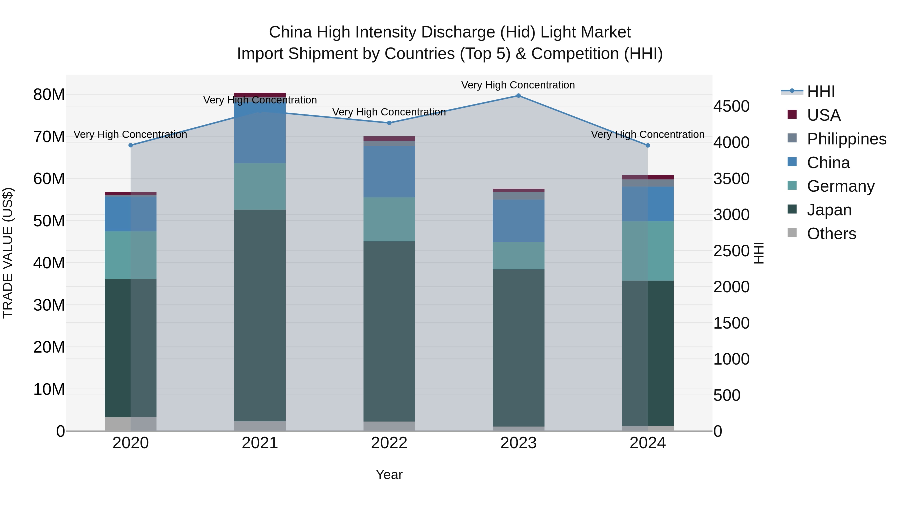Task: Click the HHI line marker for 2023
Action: tap(518, 96)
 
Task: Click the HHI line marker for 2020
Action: tap(131, 145)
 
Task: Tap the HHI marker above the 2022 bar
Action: tap(389, 123)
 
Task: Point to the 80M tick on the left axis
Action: tap(49, 95)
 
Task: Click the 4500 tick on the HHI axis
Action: tap(731, 106)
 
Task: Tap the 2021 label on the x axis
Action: tap(260, 443)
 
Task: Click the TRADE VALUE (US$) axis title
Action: tap(8, 253)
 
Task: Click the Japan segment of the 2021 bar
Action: tap(260, 314)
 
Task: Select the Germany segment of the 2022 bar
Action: tap(389, 219)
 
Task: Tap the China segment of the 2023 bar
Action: tap(518, 221)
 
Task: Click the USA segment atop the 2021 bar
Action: tap(260, 95)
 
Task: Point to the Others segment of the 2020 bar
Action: tap(131, 424)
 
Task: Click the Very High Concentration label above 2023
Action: tap(518, 85)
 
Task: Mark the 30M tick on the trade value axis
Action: tap(49, 305)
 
